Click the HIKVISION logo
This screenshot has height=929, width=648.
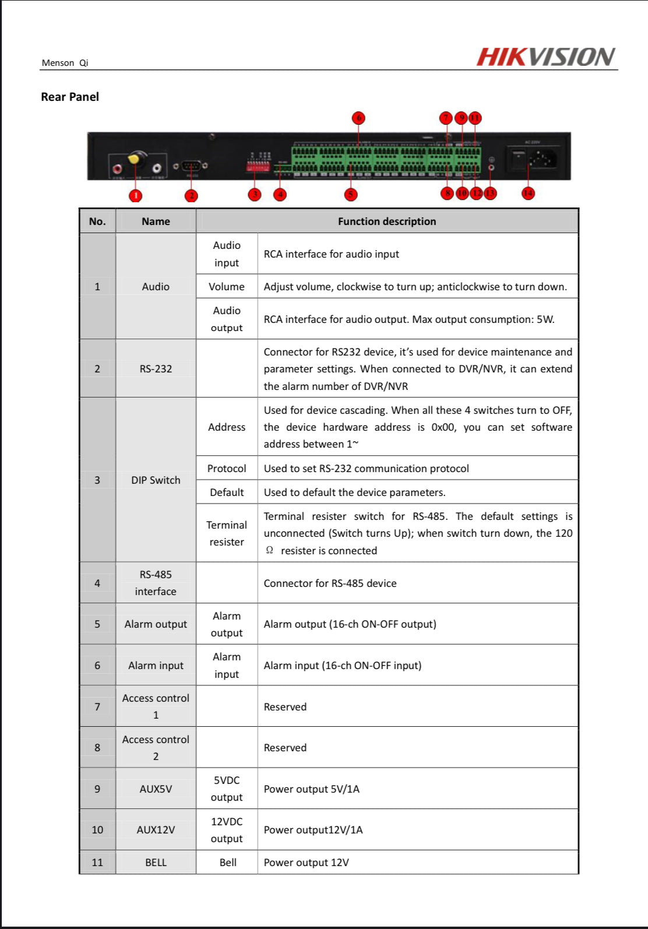[545, 57]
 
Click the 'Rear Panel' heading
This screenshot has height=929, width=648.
[70, 97]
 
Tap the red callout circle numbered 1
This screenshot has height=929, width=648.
[135, 195]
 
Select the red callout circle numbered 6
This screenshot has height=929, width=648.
[358, 118]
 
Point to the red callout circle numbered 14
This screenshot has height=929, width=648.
[528, 193]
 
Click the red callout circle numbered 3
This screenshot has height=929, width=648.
[255, 195]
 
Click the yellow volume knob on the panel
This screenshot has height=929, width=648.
[135, 159]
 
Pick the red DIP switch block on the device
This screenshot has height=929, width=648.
[258, 167]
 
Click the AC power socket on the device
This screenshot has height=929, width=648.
[542, 159]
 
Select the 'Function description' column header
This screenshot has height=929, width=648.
[387, 221]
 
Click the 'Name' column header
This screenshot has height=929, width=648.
[156, 221]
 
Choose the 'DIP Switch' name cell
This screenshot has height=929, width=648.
[156, 480]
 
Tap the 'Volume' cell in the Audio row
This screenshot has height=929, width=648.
[227, 287]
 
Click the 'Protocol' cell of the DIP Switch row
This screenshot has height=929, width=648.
[227, 469]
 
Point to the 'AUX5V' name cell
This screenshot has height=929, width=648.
[156, 789]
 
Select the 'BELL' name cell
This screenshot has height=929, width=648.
[156, 863]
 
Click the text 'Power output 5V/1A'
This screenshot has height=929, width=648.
[312, 789]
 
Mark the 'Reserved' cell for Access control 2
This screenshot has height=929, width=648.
[285, 748]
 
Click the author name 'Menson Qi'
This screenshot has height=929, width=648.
[65, 63]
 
